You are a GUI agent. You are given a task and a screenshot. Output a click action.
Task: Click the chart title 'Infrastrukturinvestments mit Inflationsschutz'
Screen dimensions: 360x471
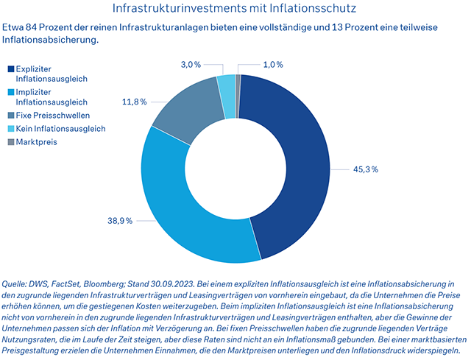coord(235,9)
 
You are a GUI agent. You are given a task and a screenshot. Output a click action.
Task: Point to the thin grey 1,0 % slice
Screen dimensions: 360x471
coord(238,85)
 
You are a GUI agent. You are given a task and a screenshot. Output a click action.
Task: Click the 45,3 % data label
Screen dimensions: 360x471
coord(365,169)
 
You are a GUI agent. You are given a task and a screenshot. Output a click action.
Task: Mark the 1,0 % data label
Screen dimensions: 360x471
coord(273,65)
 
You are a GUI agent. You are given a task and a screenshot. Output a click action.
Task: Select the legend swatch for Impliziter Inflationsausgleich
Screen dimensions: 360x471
coord(11,92)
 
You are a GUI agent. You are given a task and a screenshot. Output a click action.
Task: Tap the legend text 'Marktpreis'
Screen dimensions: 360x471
coord(36,141)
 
